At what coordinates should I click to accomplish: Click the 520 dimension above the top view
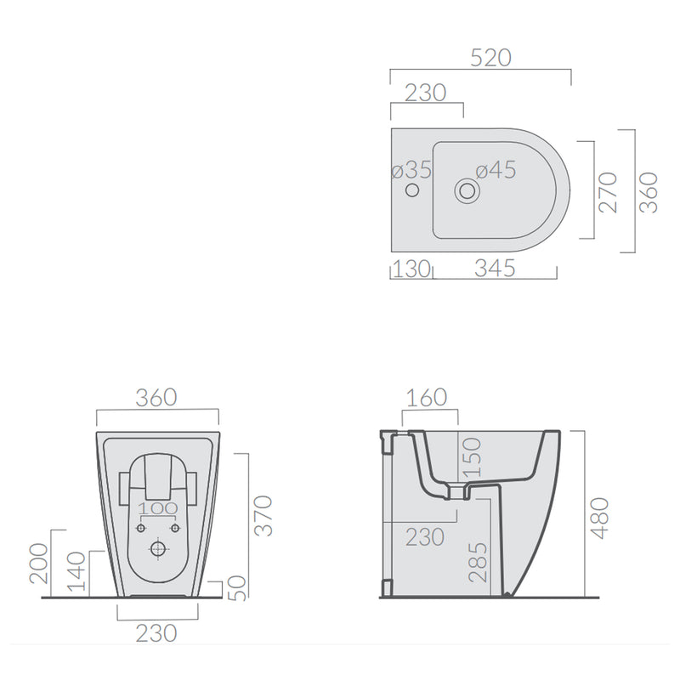(x=491, y=58)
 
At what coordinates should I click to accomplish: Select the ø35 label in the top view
(x=411, y=169)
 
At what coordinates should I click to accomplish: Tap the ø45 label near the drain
(x=496, y=169)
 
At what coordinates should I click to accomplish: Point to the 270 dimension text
(x=608, y=192)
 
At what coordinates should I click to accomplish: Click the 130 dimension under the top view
(x=411, y=269)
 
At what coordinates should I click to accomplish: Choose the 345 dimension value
(x=495, y=269)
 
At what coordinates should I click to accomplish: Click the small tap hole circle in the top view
(x=412, y=190)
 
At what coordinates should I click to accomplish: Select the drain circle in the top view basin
(x=467, y=190)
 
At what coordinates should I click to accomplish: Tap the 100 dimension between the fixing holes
(x=158, y=508)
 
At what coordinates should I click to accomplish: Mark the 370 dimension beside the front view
(x=263, y=516)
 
